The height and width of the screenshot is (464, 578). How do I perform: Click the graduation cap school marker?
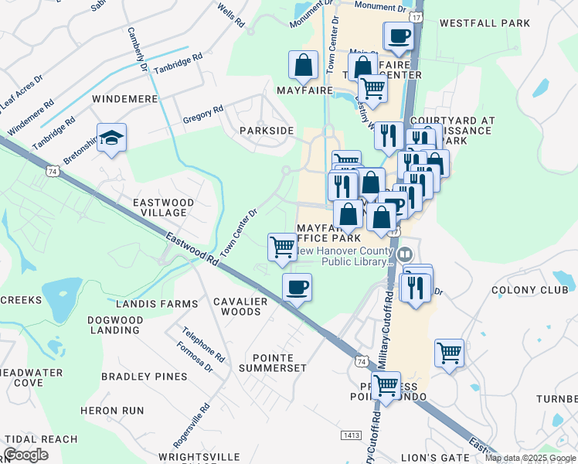point(112,138)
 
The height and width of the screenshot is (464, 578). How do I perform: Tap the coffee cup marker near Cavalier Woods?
point(297,288)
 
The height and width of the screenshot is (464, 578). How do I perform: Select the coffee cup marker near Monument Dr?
point(399,36)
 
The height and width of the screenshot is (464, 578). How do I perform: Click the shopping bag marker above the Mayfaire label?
point(304,66)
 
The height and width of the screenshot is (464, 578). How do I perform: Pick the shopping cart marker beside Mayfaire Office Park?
point(282,247)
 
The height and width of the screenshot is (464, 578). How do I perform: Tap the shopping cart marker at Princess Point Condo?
point(385,384)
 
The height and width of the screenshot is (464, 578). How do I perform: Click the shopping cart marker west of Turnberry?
point(449,353)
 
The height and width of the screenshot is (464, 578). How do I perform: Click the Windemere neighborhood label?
point(124,100)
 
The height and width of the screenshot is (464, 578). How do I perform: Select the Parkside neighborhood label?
point(267,131)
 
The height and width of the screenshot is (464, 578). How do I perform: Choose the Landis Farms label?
point(147,303)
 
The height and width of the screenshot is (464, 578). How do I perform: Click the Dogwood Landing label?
point(114,325)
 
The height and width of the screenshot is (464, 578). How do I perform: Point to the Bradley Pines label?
point(144,377)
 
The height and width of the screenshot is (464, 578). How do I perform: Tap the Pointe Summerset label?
point(283,363)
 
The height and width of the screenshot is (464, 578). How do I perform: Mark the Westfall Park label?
point(484,23)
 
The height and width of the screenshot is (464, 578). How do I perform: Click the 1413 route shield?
point(351,436)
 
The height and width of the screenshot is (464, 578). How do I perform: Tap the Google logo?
point(25,454)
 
